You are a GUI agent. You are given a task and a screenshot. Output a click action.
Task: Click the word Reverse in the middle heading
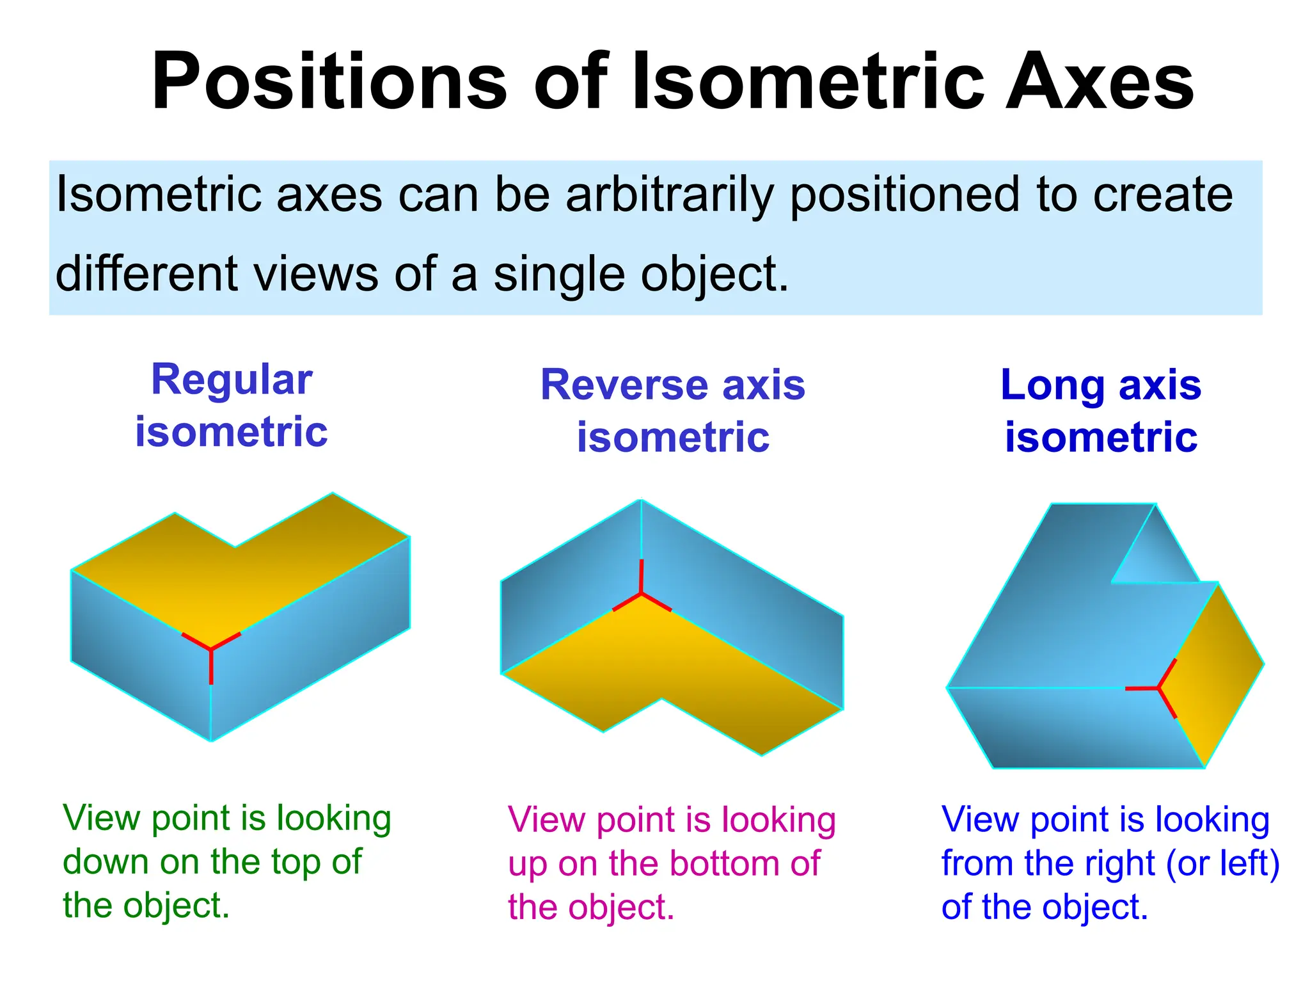(x=623, y=385)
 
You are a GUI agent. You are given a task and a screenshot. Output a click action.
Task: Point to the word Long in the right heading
(x=1052, y=385)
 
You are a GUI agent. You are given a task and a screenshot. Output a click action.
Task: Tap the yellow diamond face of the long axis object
(x=1215, y=672)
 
